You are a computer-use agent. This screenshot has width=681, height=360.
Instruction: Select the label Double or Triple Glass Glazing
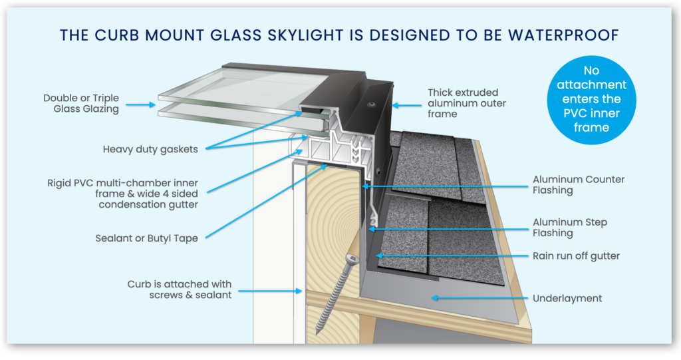pyautogui.click(x=81, y=103)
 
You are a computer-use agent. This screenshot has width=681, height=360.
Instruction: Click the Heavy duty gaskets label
pyautogui.click(x=150, y=149)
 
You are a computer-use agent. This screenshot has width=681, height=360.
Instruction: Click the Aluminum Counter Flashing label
pyautogui.click(x=579, y=184)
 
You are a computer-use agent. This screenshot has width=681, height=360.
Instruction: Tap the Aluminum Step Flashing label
pyautogui.click(x=570, y=227)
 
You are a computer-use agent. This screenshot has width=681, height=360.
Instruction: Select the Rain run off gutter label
pyautogui.click(x=578, y=256)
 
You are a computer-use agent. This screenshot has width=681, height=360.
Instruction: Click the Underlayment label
pyautogui.click(x=567, y=298)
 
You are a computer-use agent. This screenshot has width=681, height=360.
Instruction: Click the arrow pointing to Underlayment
pyautogui.click(x=478, y=298)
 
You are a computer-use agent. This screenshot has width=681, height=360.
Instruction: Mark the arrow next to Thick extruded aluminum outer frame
pyautogui.click(x=404, y=104)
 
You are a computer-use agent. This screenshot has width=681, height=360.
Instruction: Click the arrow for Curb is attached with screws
pyautogui.click(x=269, y=291)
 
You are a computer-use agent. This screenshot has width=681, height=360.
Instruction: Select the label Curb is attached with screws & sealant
pyautogui.click(x=180, y=289)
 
